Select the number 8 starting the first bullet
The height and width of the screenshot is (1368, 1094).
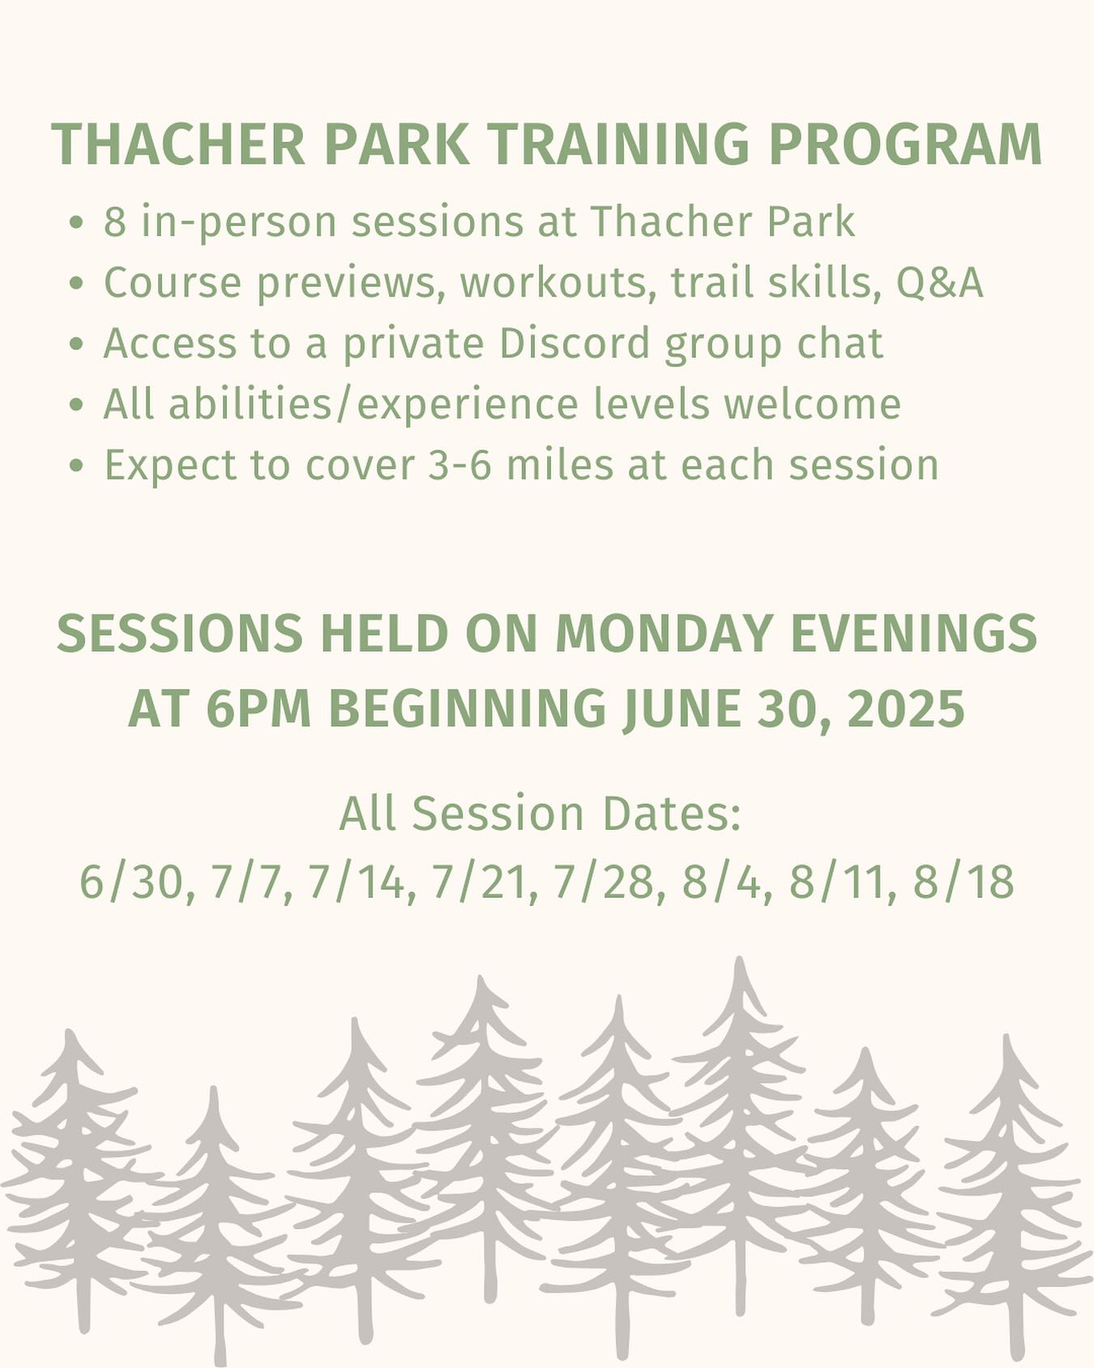[x=114, y=221]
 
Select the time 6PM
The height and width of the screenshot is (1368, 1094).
[x=259, y=708]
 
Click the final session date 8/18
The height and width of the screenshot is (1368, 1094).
[x=964, y=882]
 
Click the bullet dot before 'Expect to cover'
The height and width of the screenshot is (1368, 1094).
[x=76, y=466]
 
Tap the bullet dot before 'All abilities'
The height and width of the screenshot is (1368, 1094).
[x=76, y=405]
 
